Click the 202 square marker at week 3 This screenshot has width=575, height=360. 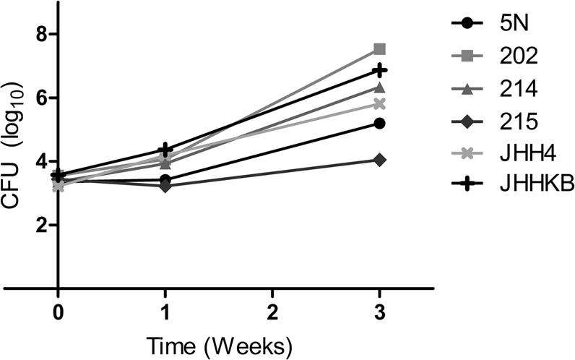(x=380, y=49)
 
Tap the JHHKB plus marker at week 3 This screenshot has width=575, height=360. (x=380, y=70)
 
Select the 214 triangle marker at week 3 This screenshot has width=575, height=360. (x=380, y=87)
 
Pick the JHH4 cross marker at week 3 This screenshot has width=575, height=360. (x=380, y=103)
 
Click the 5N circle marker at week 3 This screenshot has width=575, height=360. (x=380, y=124)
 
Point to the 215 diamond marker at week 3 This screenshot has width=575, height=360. (x=380, y=159)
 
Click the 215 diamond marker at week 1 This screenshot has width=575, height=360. (x=165, y=186)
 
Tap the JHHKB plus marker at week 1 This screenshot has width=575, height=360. (x=165, y=150)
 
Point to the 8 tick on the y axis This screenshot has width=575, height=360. (x=43, y=34)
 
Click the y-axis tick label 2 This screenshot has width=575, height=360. (x=43, y=226)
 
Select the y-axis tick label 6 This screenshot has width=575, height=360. (x=43, y=98)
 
